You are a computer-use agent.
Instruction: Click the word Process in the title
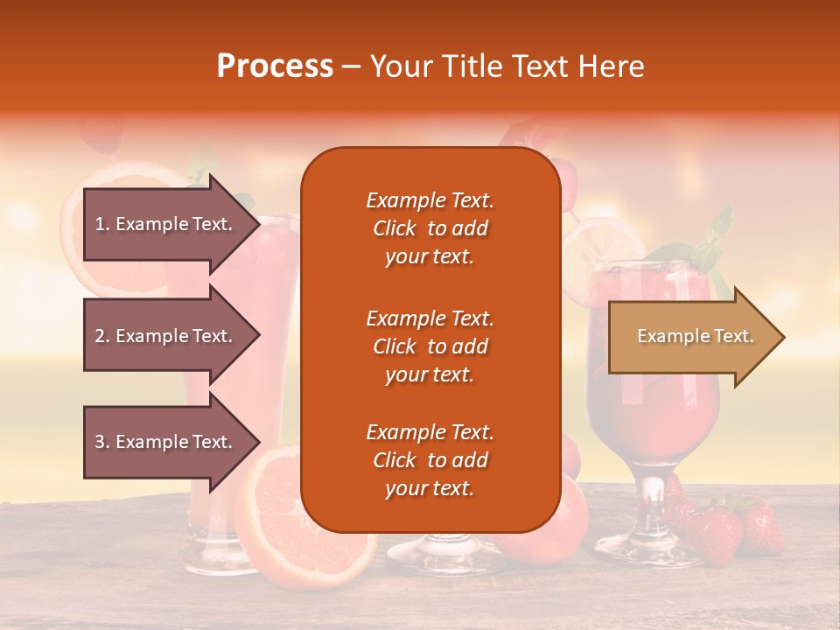pos(275,66)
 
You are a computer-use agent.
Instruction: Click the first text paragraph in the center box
pos(430,228)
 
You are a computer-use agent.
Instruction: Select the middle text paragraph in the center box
pos(430,346)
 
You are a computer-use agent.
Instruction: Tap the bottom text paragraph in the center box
pos(430,460)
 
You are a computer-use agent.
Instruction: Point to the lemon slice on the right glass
pos(604,241)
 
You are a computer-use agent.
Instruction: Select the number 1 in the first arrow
pos(99,224)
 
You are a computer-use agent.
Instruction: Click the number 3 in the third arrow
pos(99,442)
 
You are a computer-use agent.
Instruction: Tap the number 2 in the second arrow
pos(99,336)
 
